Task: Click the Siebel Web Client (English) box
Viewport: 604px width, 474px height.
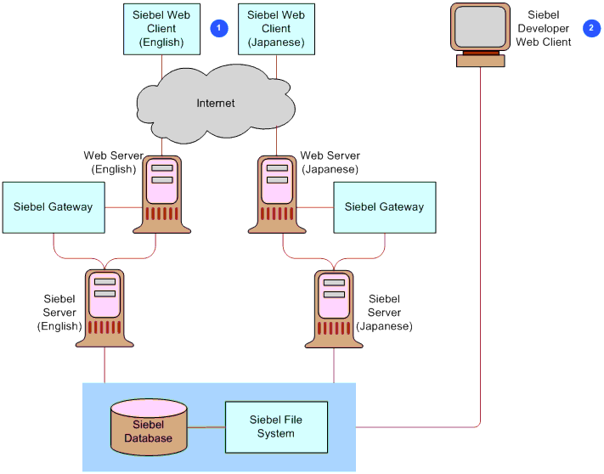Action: (161, 28)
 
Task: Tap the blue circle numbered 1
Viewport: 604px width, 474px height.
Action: (219, 28)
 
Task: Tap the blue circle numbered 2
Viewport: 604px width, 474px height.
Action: (591, 28)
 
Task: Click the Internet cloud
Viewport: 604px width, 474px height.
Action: (215, 104)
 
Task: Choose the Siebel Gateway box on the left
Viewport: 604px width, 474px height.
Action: (54, 206)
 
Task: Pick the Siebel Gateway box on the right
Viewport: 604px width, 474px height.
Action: (384, 206)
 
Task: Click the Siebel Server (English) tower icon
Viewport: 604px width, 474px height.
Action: (104, 308)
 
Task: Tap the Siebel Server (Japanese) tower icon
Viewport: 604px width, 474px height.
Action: (334, 308)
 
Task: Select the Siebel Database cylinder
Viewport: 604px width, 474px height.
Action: (149, 426)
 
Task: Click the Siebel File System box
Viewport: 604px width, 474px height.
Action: (276, 426)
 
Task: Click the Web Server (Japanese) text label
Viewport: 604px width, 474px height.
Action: (330, 162)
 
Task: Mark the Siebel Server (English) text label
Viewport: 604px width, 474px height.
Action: (59, 313)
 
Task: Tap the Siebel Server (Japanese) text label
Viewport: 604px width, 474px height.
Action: (384, 313)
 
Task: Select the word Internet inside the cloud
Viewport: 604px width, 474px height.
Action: (216, 104)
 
